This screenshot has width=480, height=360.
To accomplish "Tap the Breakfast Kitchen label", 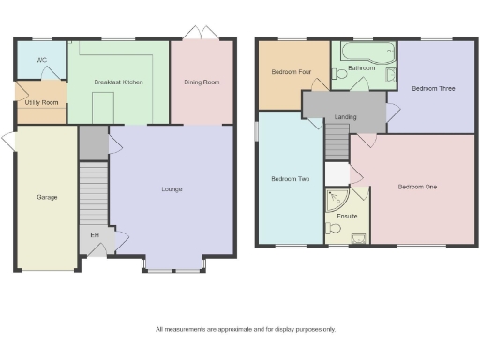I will tap(117, 82).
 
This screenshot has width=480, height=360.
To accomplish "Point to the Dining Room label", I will tap(201, 82).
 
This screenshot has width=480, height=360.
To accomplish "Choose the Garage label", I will tap(46, 198).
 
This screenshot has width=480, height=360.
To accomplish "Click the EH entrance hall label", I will tap(94, 234).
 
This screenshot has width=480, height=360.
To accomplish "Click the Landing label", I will tap(345, 117).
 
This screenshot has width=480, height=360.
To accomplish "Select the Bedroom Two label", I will tap(284, 179).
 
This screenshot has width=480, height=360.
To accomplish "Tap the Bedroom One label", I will tap(417, 187).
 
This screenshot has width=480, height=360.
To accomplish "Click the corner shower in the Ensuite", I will tap(335, 200).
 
